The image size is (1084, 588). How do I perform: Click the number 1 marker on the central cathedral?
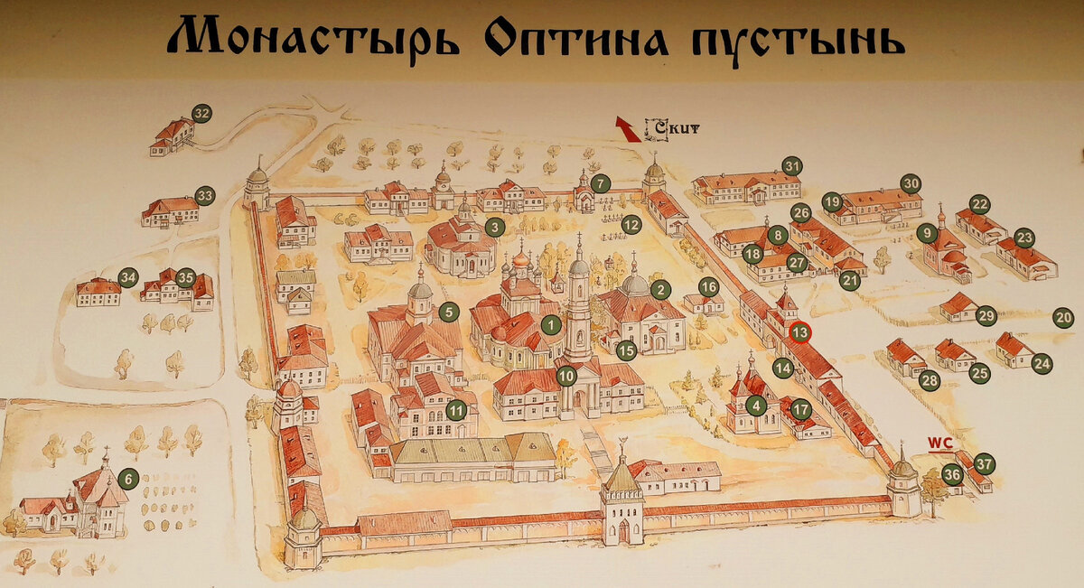pyautogui.click(x=551, y=323)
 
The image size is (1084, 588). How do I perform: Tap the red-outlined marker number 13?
pyautogui.click(x=799, y=332)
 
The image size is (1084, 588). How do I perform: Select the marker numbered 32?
pyautogui.click(x=201, y=114)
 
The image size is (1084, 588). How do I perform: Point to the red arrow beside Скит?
pyautogui.click(x=626, y=128)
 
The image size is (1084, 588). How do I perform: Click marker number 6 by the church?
pyautogui.click(x=128, y=479)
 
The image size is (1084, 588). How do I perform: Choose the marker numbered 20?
pyautogui.click(x=1063, y=318)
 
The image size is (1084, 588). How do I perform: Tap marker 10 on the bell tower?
pyautogui.click(x=566, y=375)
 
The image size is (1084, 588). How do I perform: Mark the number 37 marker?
pyautogui.click(x=984, y=465)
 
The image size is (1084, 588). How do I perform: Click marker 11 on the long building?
pyautogui.click(x=459, y=409)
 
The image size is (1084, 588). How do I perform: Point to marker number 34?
pyautogui.click(x=128, y=277)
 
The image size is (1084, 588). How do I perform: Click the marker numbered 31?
pyautogui.click(x=792, y=166)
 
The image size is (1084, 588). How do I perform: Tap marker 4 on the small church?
pyautogui.click(x=756, y=406)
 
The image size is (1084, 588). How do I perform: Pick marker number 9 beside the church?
pyautogui.click(x=926, y=233)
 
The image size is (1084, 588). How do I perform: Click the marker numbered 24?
pyautogui.click(x=1042, y=363)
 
